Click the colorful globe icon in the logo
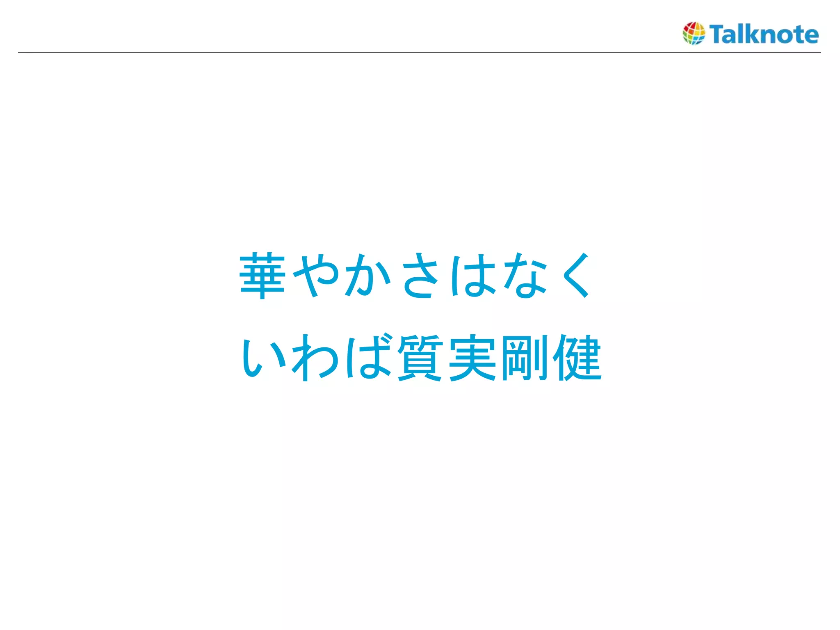(x=694, y=33)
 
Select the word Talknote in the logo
(x=764, y=34)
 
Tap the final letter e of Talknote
(x=810, y=35)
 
